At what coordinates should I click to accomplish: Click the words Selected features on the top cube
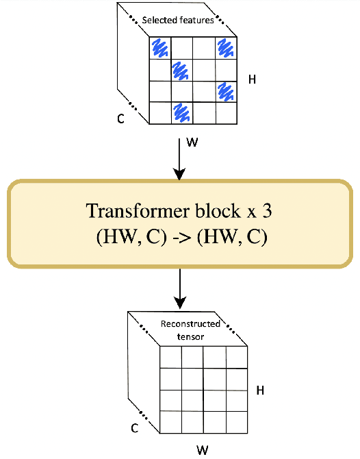tap(178, 21)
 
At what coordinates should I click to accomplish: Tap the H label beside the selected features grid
tap(252, 79)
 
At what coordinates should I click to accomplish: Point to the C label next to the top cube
tap(120, 119)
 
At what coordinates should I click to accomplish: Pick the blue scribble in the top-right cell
tap(224, 47)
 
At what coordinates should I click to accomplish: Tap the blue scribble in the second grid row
tap(181, 70)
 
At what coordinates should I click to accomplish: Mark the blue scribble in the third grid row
tap(224, 90)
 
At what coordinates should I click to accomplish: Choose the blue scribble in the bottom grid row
tap(181, 112)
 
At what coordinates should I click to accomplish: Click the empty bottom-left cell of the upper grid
tap(159, 112)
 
